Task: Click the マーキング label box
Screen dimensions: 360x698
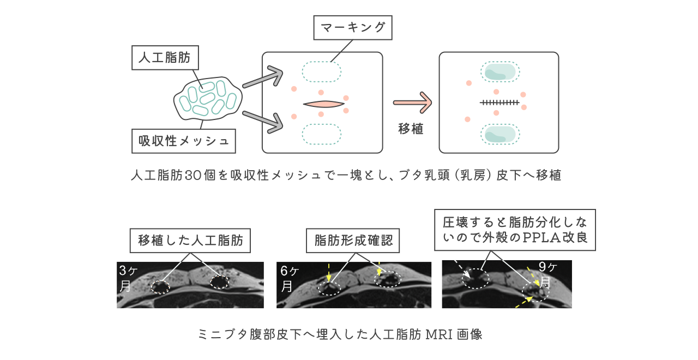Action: (353, 27)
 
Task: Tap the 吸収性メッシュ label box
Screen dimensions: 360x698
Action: (183, 141)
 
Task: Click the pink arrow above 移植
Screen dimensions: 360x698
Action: (413, 103)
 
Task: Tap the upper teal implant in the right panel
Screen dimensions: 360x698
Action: (499, 72)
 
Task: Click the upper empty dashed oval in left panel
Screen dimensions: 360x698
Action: (322, 72)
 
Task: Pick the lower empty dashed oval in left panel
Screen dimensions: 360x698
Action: (322, 134)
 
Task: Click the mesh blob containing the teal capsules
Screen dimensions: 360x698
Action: (207, 99)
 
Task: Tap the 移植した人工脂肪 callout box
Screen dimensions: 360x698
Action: (190, 241)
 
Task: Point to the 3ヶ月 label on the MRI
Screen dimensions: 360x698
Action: (125, 278)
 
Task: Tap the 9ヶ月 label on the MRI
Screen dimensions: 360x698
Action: (546, 274)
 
